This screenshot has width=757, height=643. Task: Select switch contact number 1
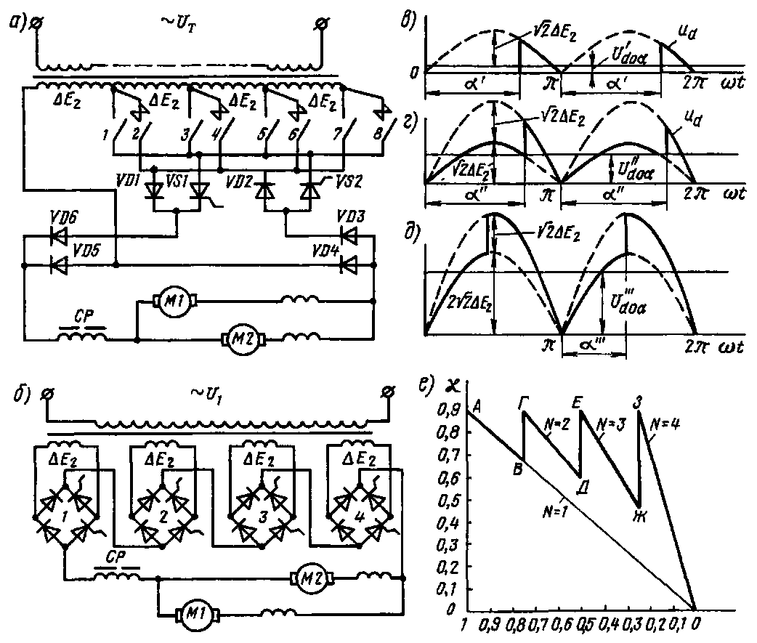105,134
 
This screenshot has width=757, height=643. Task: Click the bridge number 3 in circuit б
262,517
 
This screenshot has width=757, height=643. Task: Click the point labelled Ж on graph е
641,516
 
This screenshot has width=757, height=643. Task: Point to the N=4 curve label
665,424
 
